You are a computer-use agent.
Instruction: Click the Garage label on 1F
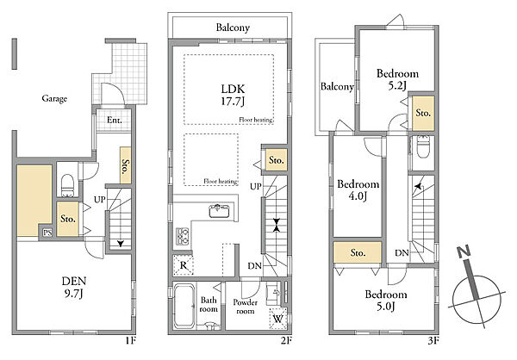[x=54, y=98]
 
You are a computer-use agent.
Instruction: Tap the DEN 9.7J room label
[x=74, y=288]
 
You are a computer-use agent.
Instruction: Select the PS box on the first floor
[x=47, y=233]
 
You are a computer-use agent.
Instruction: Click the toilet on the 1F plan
[x=67, y=185]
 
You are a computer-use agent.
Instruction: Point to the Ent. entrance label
[x=114, y=120]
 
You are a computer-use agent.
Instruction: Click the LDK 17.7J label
[x=233, y=95]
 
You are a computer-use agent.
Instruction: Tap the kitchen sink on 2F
[x=219, y=211]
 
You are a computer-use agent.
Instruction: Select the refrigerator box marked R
[x=183, y=264]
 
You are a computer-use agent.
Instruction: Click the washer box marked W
[x=278, y=319]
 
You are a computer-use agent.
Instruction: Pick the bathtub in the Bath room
[x=184, y=306]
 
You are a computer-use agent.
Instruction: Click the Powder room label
[x=245, y=307]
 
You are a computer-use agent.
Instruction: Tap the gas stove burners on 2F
[x=183, y=236]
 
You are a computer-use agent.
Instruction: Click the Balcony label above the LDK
[x=233, y=28]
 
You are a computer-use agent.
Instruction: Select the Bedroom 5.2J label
[x=397, y=79]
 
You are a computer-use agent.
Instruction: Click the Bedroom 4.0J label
[x=358, y=189]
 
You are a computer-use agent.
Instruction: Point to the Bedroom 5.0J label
[x=386, y=300]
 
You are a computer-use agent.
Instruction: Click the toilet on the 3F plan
[x=422, y=147]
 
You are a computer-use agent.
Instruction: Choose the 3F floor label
[x=433, y=340]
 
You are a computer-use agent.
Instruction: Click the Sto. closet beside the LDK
[x=277, y=160]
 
